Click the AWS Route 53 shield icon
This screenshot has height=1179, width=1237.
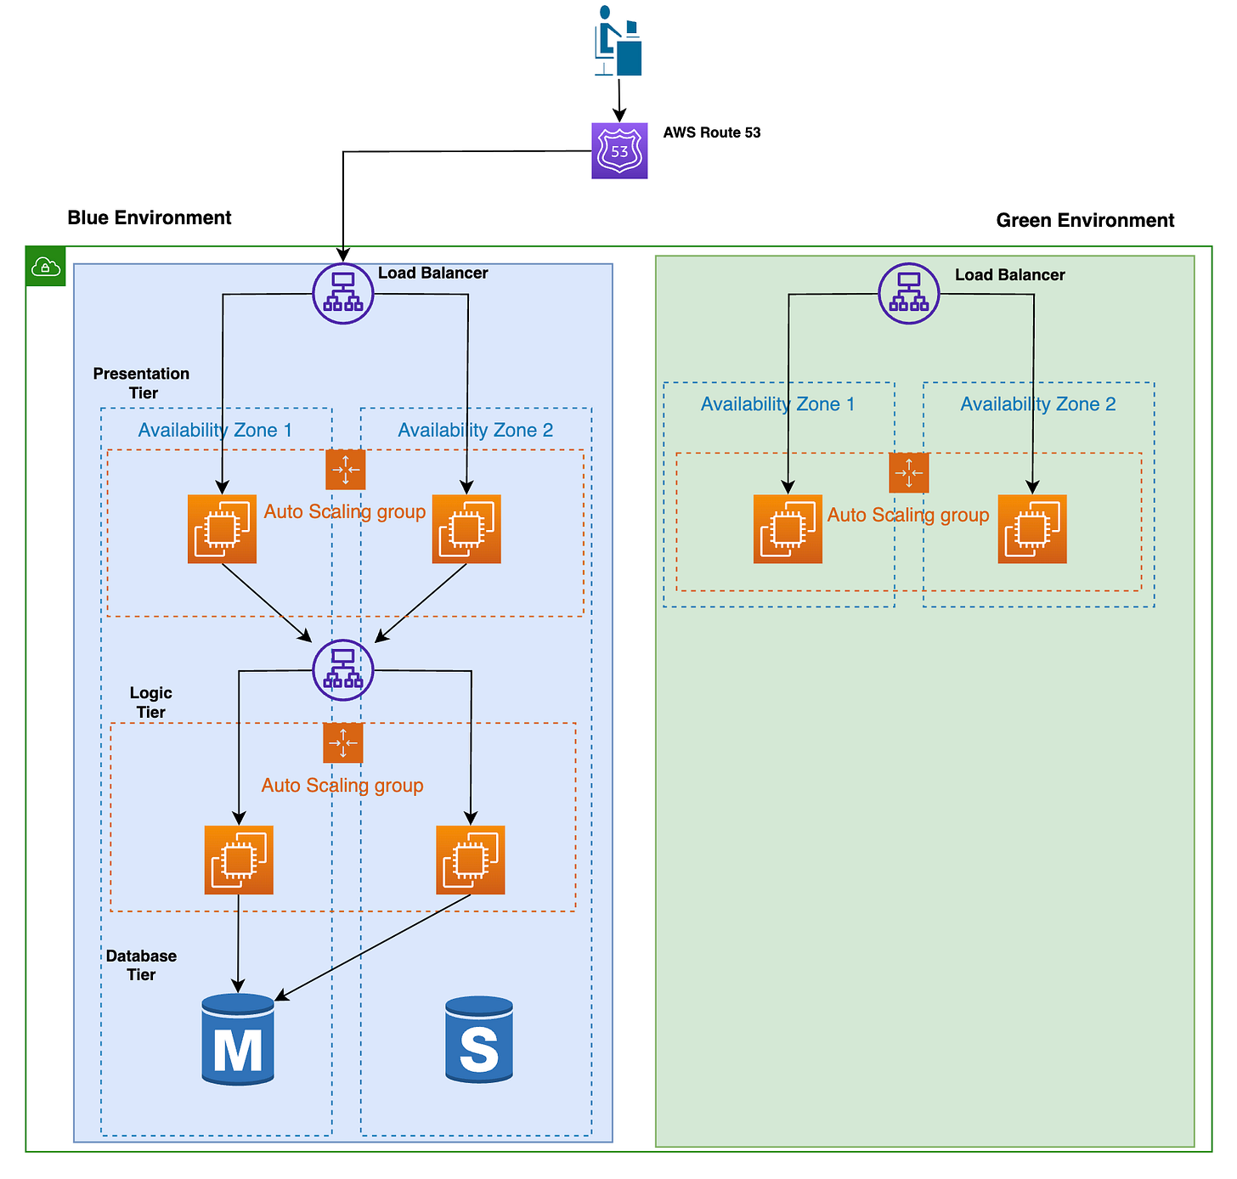619,151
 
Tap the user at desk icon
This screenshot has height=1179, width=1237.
618,42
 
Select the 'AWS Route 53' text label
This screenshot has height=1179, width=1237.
712,133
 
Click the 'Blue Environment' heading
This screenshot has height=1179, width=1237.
150,217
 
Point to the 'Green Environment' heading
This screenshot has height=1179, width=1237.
1085,221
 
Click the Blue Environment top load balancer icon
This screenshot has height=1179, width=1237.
343,293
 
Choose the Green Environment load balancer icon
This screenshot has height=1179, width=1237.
909,293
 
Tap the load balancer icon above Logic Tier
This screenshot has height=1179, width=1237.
343,669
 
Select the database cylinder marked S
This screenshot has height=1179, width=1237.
479,1040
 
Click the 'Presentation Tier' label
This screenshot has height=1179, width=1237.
142,383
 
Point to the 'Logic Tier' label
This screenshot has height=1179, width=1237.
151,702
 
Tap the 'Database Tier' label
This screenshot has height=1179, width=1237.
141,965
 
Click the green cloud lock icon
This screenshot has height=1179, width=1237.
46,267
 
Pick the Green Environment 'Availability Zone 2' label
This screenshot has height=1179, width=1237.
1038,404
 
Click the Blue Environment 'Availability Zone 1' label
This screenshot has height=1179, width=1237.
215,430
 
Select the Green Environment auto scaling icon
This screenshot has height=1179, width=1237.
909,472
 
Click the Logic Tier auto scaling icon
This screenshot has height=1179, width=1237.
343,743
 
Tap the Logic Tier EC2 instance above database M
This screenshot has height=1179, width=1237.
239,860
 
